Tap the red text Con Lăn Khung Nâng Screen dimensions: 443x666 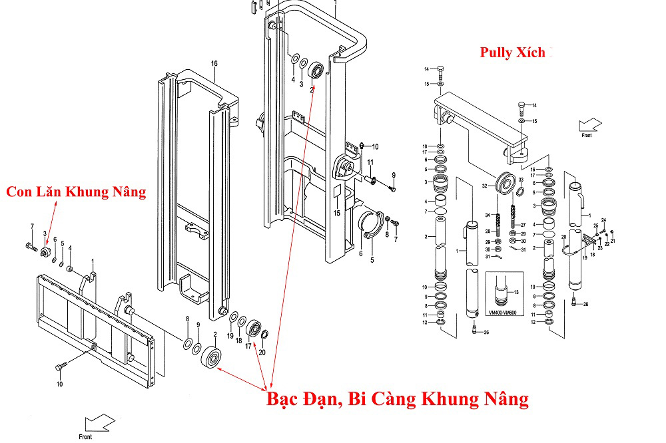75,192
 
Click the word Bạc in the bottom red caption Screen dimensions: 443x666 283,399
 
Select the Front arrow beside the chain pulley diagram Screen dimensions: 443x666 590,125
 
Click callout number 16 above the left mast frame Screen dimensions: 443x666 214,64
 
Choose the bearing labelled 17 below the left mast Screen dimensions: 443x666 254,329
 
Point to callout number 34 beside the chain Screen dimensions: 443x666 488,215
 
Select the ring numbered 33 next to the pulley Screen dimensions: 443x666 519,192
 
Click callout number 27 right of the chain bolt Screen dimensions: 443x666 523,224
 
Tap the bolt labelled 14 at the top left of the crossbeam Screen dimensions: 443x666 440,70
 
